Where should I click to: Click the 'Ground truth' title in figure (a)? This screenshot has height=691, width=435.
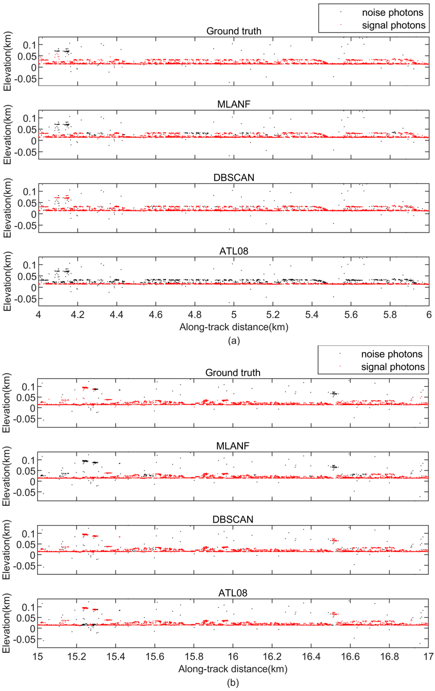234,31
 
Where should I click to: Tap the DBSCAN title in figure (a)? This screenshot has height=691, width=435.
234,178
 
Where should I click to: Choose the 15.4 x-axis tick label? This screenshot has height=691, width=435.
115,656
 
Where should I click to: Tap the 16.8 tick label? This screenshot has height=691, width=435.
389,656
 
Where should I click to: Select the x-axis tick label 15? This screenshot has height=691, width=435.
38,656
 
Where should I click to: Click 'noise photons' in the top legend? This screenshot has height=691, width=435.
392,13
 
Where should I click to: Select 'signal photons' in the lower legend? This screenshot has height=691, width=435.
393,367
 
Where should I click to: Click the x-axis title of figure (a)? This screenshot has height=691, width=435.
234,327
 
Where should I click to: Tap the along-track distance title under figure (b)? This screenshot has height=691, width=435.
233,669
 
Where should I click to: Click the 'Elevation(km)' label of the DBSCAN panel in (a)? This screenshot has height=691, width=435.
8,208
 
